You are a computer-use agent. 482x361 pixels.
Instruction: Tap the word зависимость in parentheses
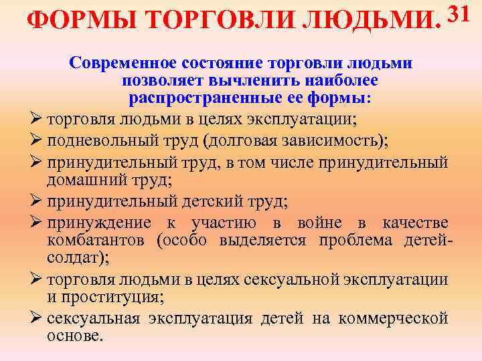pyautogui.click(x=311, y=141)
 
